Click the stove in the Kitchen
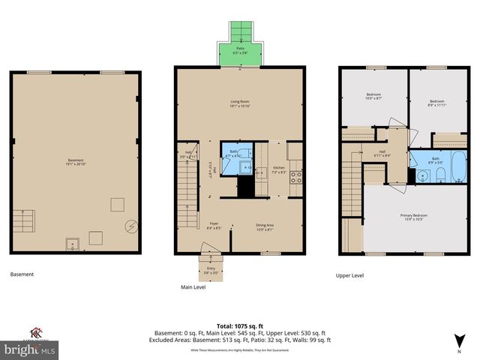coord(295,177)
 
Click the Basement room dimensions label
coord(76,160)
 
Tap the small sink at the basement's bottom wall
coord(73,242)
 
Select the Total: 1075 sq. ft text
coord(240,325)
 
